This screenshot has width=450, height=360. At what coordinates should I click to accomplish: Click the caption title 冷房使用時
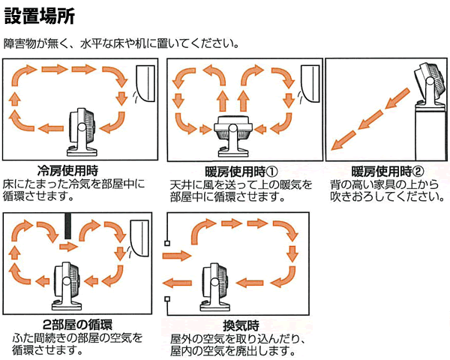click(67, 170)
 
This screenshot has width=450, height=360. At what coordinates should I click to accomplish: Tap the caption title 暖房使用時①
click(241, 172)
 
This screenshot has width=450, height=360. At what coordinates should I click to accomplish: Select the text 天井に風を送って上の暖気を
click(239, 184)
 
